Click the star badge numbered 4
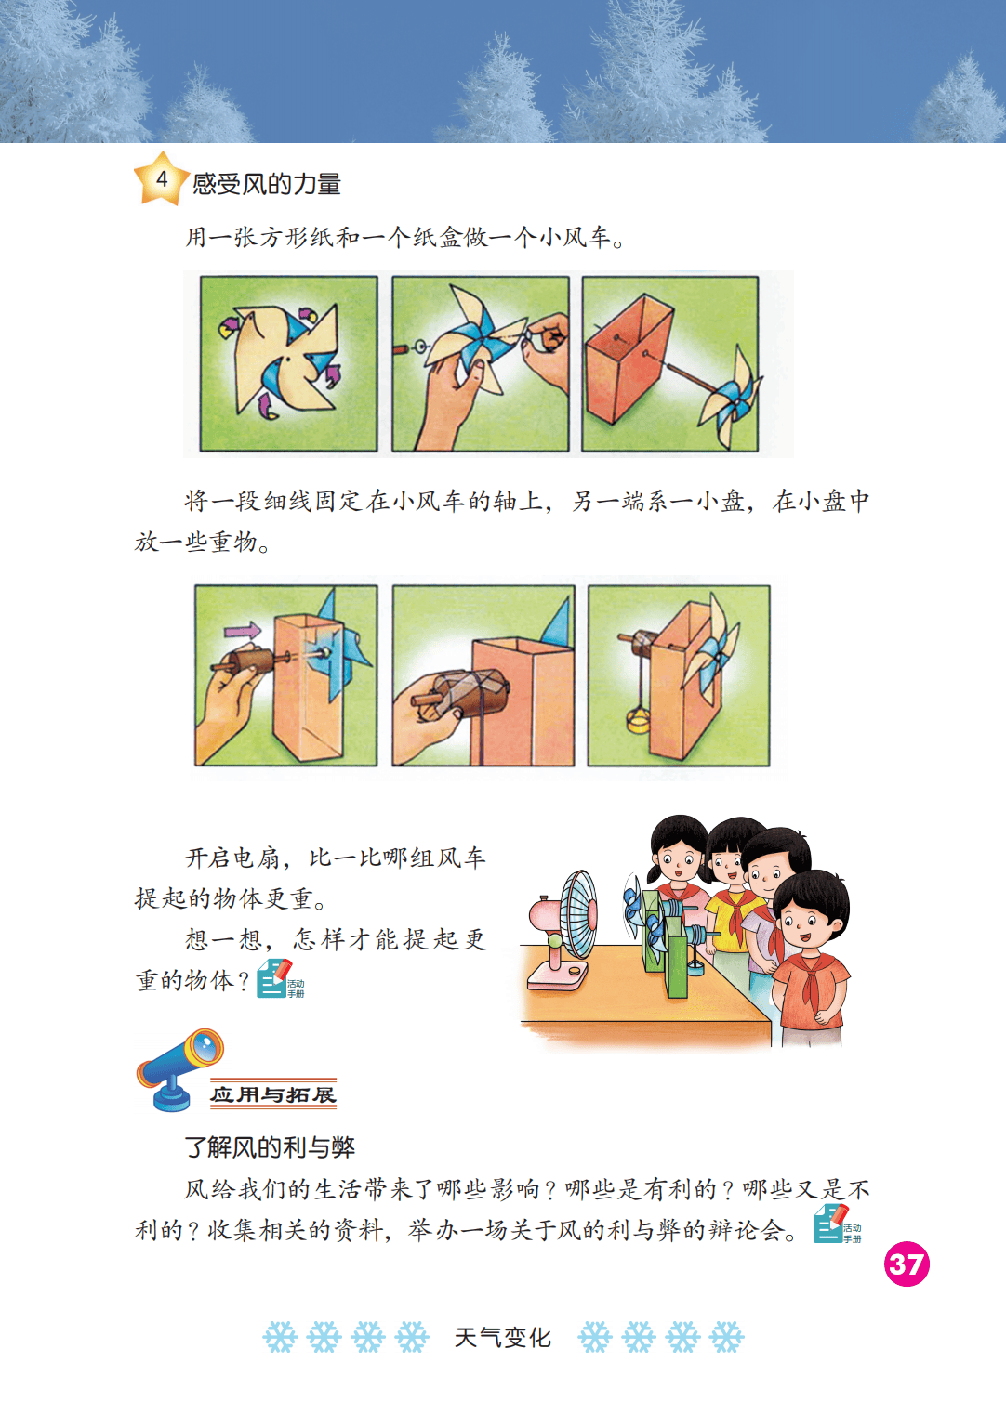[161, 179]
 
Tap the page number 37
[907, 1264]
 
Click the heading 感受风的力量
[267, 184]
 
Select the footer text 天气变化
[503, 1337]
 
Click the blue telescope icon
[179, 1069]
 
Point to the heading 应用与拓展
[273, 1094]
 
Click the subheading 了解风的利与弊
[270, 1147]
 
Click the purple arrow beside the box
[243, 630]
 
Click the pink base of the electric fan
[558, 975]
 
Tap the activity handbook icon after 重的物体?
[280, 979]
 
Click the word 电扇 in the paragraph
[256, 858]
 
